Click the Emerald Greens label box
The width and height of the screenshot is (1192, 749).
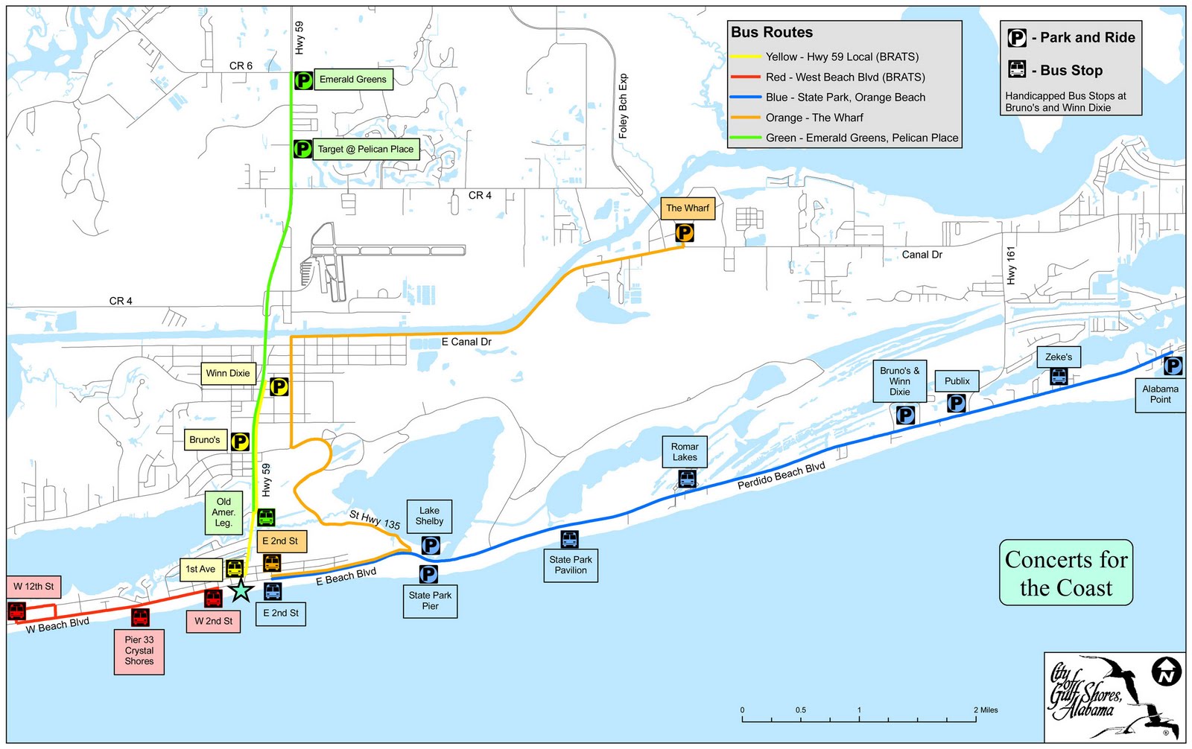pos(352,80)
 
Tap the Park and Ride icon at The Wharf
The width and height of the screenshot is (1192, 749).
pos(684,234)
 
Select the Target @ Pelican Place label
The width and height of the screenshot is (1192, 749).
pos(365,149)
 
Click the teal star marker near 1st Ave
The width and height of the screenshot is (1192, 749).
pos(241,590)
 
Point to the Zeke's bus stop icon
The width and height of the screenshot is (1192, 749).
pos(1059,377)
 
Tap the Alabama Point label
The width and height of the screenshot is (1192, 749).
pos(1160,394)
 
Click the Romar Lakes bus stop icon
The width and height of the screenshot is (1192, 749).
pos(687,479)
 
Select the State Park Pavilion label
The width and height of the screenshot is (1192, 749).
pos(570,565)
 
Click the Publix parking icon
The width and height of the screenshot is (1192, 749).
pos(956,404)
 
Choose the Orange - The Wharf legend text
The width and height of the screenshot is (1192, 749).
pos(814,118)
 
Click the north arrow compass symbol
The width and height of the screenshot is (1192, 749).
pos(1167,672)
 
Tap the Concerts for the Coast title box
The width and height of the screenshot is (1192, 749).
pos(1065,573)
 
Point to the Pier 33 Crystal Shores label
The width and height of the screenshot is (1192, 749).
pos(139,651)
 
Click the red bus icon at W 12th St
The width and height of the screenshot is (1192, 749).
pos(16,611)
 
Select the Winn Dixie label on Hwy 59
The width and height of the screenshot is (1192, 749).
pos(228,373)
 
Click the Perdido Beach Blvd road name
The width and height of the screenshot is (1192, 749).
pos(781,476)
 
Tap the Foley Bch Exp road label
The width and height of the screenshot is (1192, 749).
pos(624,106)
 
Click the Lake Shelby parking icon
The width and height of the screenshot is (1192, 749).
pos(431,546)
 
